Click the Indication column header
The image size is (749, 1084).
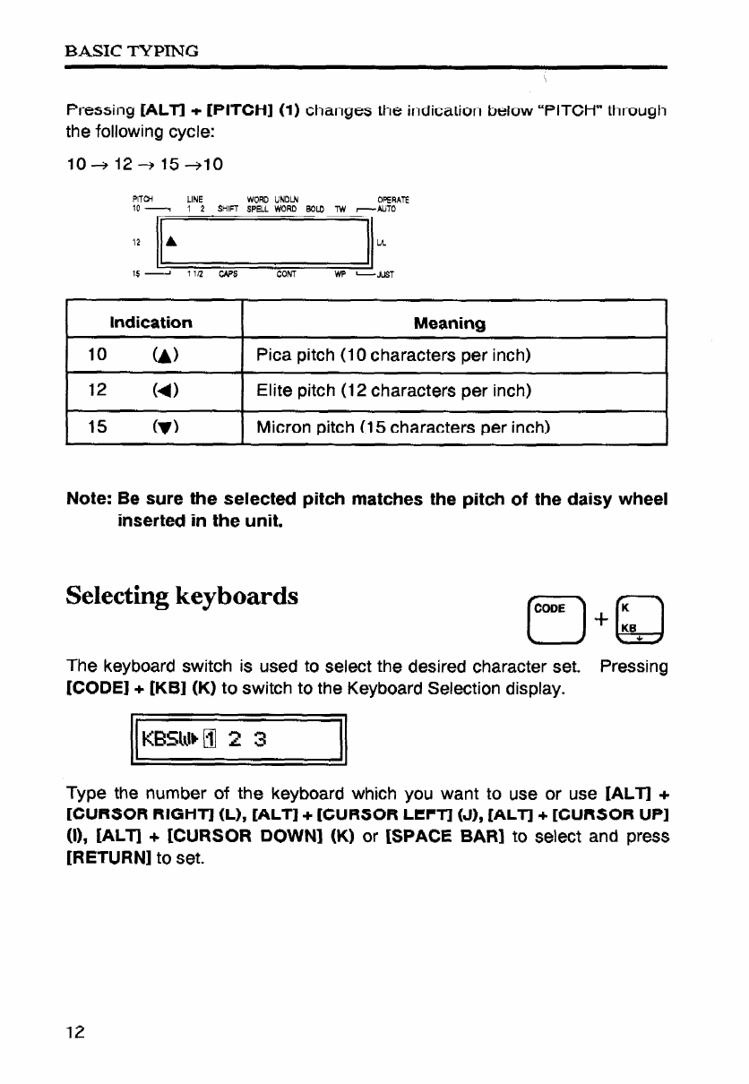[x=151, y=323]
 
